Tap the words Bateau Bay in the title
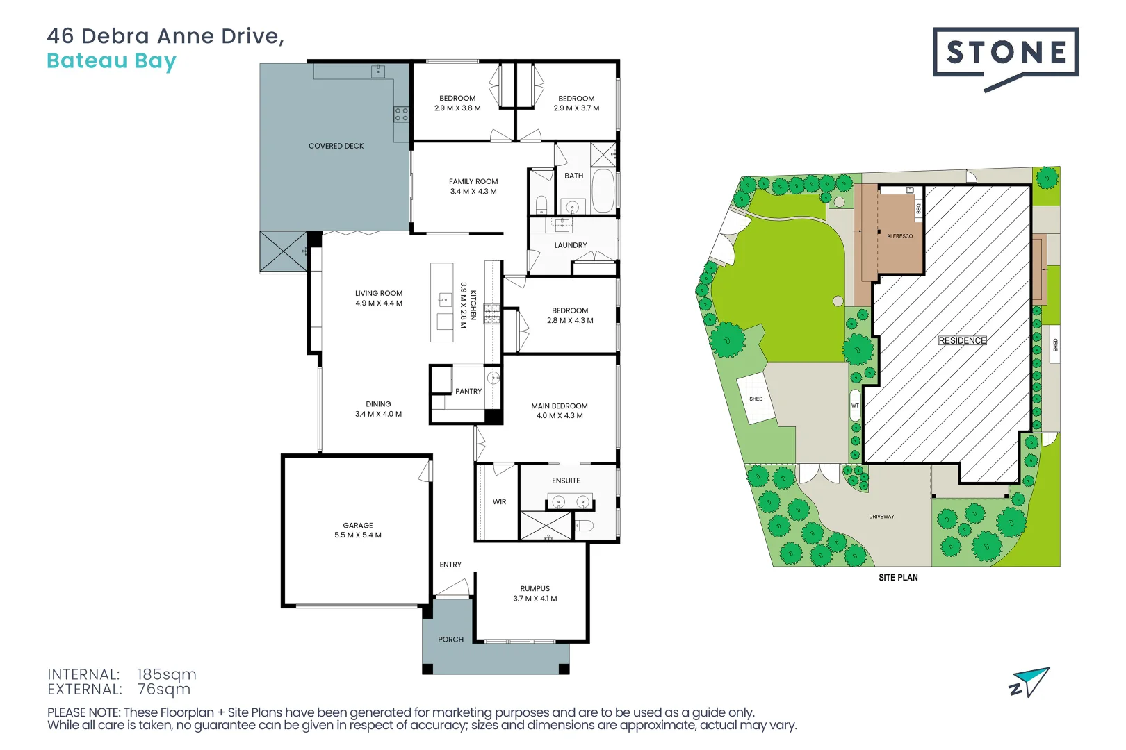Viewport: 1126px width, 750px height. [x=111, y=61]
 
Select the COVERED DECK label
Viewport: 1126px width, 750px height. [x=336, y=146]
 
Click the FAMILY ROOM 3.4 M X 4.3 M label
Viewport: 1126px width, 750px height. [x=473, y=186]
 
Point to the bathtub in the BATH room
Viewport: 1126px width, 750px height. [x=603, y=190]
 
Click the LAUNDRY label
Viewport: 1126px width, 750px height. [x=570, y=245]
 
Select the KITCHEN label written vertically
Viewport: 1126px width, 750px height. [x=473, y=305]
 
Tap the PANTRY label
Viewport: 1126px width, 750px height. [x=468, y=392]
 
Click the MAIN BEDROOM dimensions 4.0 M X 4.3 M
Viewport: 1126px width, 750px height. [x=559, y=416]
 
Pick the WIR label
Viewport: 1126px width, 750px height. [x=499, y=502]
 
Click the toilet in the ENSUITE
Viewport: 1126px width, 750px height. [x=584, y=525]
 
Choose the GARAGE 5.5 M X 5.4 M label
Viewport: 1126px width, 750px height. [x=358, y=531]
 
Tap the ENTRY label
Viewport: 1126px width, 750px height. [x=450, y=565]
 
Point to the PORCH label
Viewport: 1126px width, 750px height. [x=450, y=640]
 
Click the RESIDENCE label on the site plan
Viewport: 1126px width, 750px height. [x=962, y=340]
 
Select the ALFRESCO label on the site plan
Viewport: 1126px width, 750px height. [x=899, y=236]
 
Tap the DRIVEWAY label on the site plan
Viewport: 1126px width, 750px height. [x=881, y=517]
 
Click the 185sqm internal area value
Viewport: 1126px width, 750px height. [x=167, y=674]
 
